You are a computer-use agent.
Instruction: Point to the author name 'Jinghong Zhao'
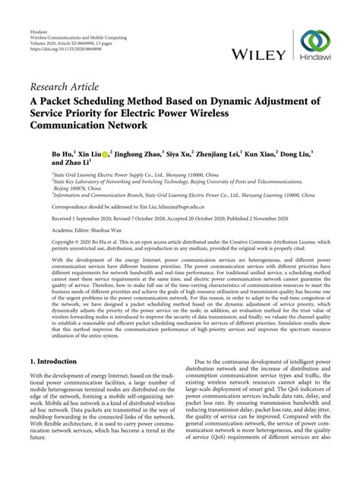[x=137, y=153]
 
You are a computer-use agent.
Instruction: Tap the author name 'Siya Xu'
[x=179, y=153]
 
